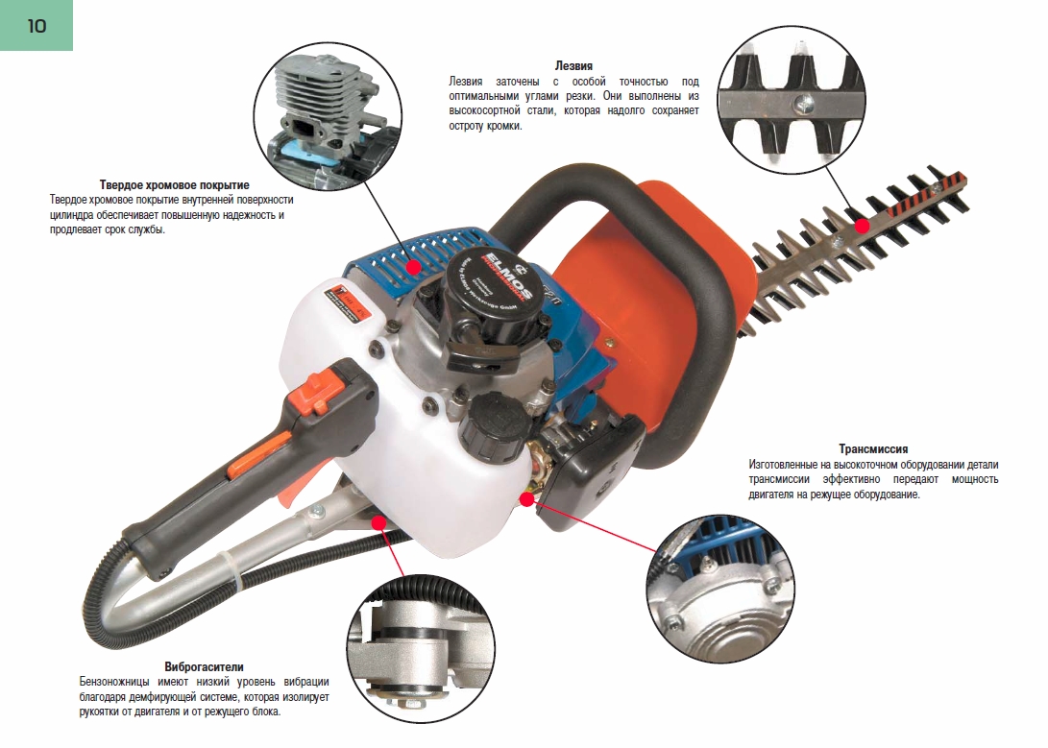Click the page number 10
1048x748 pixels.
(37, 26)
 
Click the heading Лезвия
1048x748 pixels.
(573, 65)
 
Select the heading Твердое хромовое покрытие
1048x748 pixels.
(175, 185)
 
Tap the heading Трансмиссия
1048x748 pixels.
(873, 448)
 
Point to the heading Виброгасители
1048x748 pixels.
(204, 666)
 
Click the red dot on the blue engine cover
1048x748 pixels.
(414, 267)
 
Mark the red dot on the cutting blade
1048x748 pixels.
(863, 225)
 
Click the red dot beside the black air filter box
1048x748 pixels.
(527, 499)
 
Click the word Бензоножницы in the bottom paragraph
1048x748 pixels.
(114, 682)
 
